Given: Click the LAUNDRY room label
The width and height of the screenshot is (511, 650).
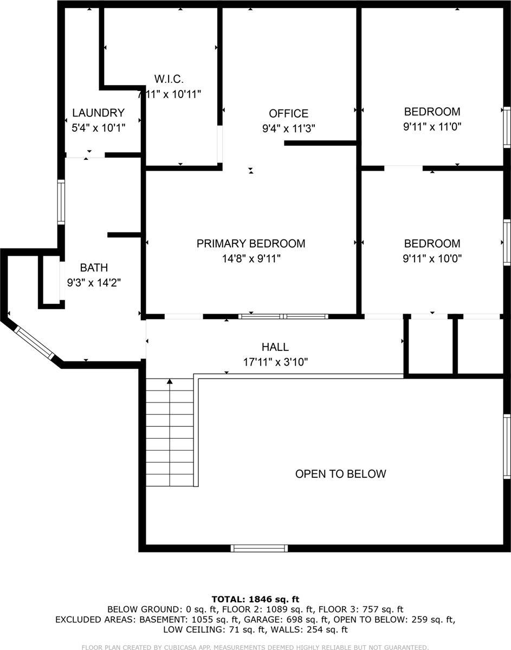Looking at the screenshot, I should pyautogui.click(x=98, y=113).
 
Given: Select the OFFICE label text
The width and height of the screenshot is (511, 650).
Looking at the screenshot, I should pyautogui.click(x=288, y=113).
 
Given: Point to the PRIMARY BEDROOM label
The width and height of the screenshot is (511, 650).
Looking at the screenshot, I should pyautogui.click(x=250, y=244).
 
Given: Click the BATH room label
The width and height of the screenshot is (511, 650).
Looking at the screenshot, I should pyautogui.click(x=94, y=267).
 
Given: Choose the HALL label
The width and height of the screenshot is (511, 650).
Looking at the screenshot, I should pyautogui.click(x=275, y=347).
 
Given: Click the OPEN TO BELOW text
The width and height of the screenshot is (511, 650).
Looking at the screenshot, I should pyautogui.click(x=340, y=474).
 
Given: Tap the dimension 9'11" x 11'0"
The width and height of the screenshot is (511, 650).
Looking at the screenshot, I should pyautogui.click(x=432, y=127).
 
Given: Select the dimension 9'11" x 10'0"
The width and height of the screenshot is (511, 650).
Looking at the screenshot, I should pyautogui.click(x=432, y=259).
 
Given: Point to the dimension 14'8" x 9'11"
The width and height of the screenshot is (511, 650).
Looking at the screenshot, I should pyautogui.click(x=250, y=259).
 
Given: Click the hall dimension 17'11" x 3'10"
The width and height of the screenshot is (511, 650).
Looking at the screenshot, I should pyautogui.click(x=275, y=362).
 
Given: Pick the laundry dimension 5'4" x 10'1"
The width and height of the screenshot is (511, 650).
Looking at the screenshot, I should pyautogui.click(x=98, y=128).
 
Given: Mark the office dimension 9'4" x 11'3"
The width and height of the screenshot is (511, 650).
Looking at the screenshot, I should pyautogui.click(x=288, y=128).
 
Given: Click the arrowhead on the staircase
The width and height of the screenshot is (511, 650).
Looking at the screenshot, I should pyautogui.click(x=170, y=381).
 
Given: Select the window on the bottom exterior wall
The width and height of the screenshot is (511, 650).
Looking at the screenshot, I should pyautogui.click(x=259, y=548).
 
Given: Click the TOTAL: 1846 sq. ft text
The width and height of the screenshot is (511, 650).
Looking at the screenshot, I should pyautogui.click(x=255, y=599).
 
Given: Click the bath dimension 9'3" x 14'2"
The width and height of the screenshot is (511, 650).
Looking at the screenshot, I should pyautogui.click(x=94, y=282).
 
